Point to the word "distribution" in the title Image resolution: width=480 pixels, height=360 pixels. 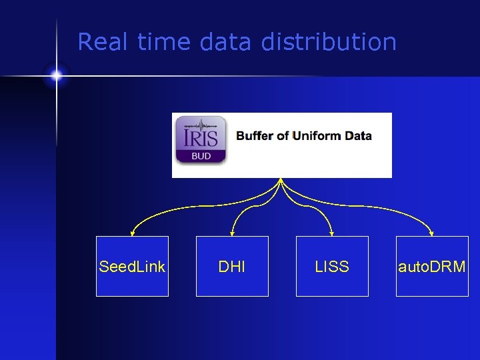(x=329, y=42)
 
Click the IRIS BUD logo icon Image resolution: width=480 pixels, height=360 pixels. (x=201, y=140)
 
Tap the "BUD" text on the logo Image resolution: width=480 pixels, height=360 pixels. (x=201, y=156)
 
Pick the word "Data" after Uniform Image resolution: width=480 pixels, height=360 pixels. (x=359, y=136)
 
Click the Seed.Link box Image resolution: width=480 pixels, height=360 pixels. (x=132, y=267)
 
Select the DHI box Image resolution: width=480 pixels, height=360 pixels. (x=232, y=267)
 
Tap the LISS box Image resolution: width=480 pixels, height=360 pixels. (x=332, y=267)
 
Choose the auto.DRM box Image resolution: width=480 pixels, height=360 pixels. (x=432, y=267)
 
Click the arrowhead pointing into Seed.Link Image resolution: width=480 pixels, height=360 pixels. (x=133, y=233)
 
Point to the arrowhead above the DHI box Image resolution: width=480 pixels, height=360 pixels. (x=232, y=233)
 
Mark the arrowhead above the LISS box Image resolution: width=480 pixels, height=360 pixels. (x=332, y=233)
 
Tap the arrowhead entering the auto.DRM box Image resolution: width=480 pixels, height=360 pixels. (x=432, y=233)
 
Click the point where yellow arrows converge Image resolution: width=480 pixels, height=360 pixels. (x=281, y=180)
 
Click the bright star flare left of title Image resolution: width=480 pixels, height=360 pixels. (x=57, y=76)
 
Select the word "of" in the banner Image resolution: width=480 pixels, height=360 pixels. (x=283, y=136)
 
